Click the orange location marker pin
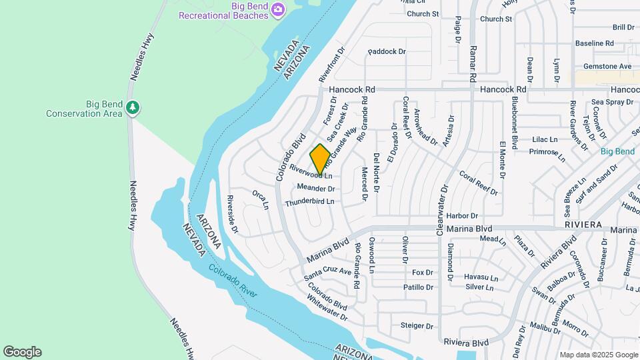[x=320, y=159]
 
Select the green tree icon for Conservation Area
[x=133, y=107]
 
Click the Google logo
[x=22, y=352]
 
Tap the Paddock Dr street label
[x=386, y=51]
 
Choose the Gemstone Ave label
[x=607, y=67]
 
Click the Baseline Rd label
[x=594, y=43]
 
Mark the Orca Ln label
[x=260, y=199]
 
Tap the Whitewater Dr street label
[x=328, y=308]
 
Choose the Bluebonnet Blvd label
[x=515, y=121]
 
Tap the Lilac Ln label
[x=545, y=139]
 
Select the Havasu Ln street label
[x=481, y=277]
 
